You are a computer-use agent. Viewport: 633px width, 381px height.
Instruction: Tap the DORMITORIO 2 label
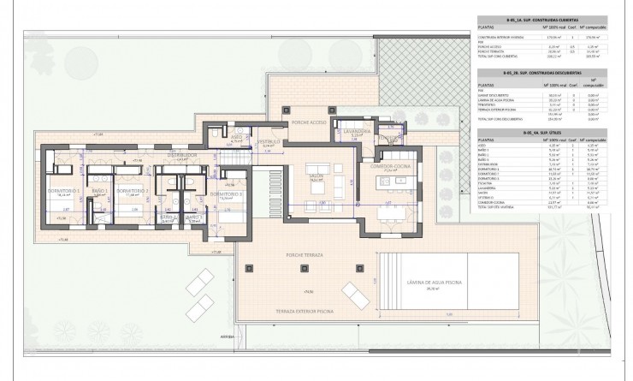click(x=133, y=190)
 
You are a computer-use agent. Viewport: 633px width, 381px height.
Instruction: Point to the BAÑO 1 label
click(x=100, y=190)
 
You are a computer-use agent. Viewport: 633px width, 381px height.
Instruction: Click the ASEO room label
click(x=239, y=137)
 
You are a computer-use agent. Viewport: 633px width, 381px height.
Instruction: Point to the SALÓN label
click(x=316, y=176)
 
